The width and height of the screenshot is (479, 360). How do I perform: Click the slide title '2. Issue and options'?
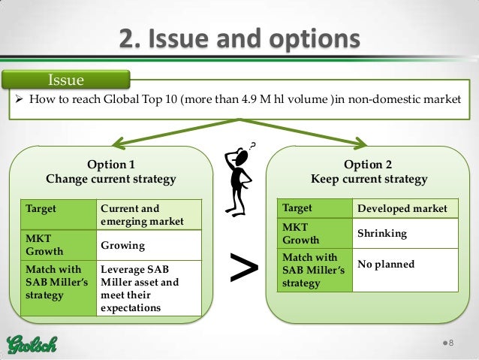[x=239, y=38]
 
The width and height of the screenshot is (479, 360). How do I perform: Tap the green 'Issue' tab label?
[x=66, y=79]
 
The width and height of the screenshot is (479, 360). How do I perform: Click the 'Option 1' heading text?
[x=111, y=165]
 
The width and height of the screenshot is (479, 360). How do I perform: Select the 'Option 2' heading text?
[x=368, y=165]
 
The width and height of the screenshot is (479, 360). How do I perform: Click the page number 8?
[x=453, y=343]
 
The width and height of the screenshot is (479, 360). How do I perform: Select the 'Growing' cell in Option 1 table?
[x=123, y=246]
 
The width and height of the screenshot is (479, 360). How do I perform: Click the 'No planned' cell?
[x=386, y=265]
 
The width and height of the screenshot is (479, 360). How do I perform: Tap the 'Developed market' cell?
[x=402, y=208]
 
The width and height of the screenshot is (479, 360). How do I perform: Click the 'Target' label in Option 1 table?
[x=41, y=207]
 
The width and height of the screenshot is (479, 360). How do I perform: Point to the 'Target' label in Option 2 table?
[x=297, y=207]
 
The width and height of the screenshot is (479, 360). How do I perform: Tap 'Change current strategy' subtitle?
[x=111, y=180]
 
